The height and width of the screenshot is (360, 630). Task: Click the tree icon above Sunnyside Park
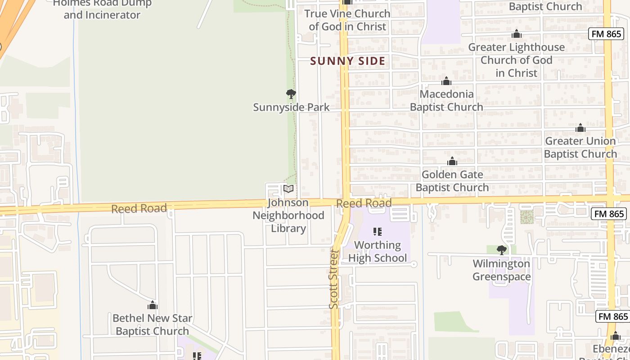coord(291,94)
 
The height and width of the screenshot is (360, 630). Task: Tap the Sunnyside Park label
coord(291,107)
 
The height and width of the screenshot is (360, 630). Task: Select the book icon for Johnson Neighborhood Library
coord(288,189)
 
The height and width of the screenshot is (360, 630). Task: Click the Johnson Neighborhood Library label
coord(288,216)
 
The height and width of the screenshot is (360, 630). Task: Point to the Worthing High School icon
coord(378,232)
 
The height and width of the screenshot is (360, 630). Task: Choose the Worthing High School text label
coord(378,252)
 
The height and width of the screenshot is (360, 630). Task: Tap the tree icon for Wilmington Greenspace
coord(502,250)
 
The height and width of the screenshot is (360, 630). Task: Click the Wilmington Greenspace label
coord(502,270)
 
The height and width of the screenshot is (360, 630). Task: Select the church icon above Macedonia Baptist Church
coord(446,81)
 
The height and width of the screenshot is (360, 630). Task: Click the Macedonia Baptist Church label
coord(446,100)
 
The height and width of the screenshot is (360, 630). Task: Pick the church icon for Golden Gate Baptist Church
coord(452,162)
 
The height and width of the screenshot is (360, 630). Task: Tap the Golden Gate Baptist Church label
coord(452,181)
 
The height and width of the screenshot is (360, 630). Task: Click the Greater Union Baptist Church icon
coord(580,128)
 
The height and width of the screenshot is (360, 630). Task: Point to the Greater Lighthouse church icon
coord(517,34)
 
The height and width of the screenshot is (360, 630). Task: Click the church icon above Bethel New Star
coord(153,306)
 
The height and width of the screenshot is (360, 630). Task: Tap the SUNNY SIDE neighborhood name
coord(347,61)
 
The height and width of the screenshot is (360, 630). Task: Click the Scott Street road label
coord(334,279)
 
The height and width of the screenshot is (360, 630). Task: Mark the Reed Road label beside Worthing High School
coord(364,203)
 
